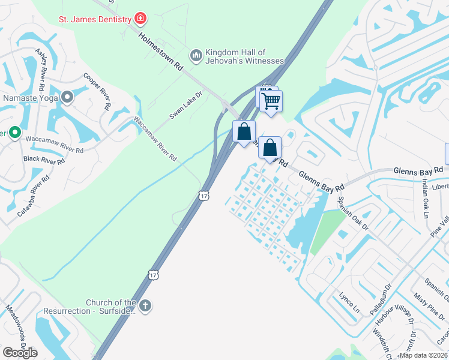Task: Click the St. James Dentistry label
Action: [x=95, y=19]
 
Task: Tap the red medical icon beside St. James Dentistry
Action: [x=140, y=19]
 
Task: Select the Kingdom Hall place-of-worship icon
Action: [x=195, y=56]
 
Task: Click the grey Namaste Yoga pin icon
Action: [x=67, y=97]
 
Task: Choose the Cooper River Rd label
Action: [x=97, y=91]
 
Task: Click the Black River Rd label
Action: [x=44, y=160]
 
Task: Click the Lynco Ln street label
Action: [x=348, y=304]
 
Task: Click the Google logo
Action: [x=20, y=353]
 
